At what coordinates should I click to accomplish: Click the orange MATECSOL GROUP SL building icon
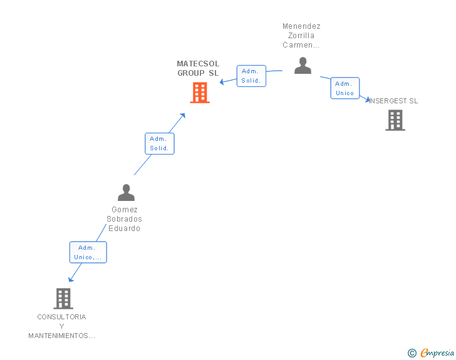tap(199, 93)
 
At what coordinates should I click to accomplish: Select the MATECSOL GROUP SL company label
tap(198, 68)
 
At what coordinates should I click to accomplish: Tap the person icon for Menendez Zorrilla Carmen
tap(303, 66)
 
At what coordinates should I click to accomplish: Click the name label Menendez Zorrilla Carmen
tap(301, 36)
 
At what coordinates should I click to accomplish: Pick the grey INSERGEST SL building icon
tap(395, 120)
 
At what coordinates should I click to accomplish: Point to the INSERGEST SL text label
tap(394, 101)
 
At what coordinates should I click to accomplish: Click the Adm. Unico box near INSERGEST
tap(345, 88)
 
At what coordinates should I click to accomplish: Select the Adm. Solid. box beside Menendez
tap(251, 76)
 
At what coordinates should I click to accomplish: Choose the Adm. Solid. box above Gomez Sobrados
tap(159, 143)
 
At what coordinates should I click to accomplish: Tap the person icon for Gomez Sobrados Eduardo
tap(126, 193)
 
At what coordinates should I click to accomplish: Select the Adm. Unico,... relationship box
tap(88, 252)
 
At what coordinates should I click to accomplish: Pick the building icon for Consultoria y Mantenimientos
tap(63, 299)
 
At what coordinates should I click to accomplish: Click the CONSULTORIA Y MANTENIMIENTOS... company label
tap(61, 326)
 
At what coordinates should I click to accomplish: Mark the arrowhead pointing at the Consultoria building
tap(70, 279)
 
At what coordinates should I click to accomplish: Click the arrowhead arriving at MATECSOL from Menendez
tap(222, 82)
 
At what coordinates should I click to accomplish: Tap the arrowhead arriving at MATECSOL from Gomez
tap(183, 115)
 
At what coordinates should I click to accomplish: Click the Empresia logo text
tap(437, 353)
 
